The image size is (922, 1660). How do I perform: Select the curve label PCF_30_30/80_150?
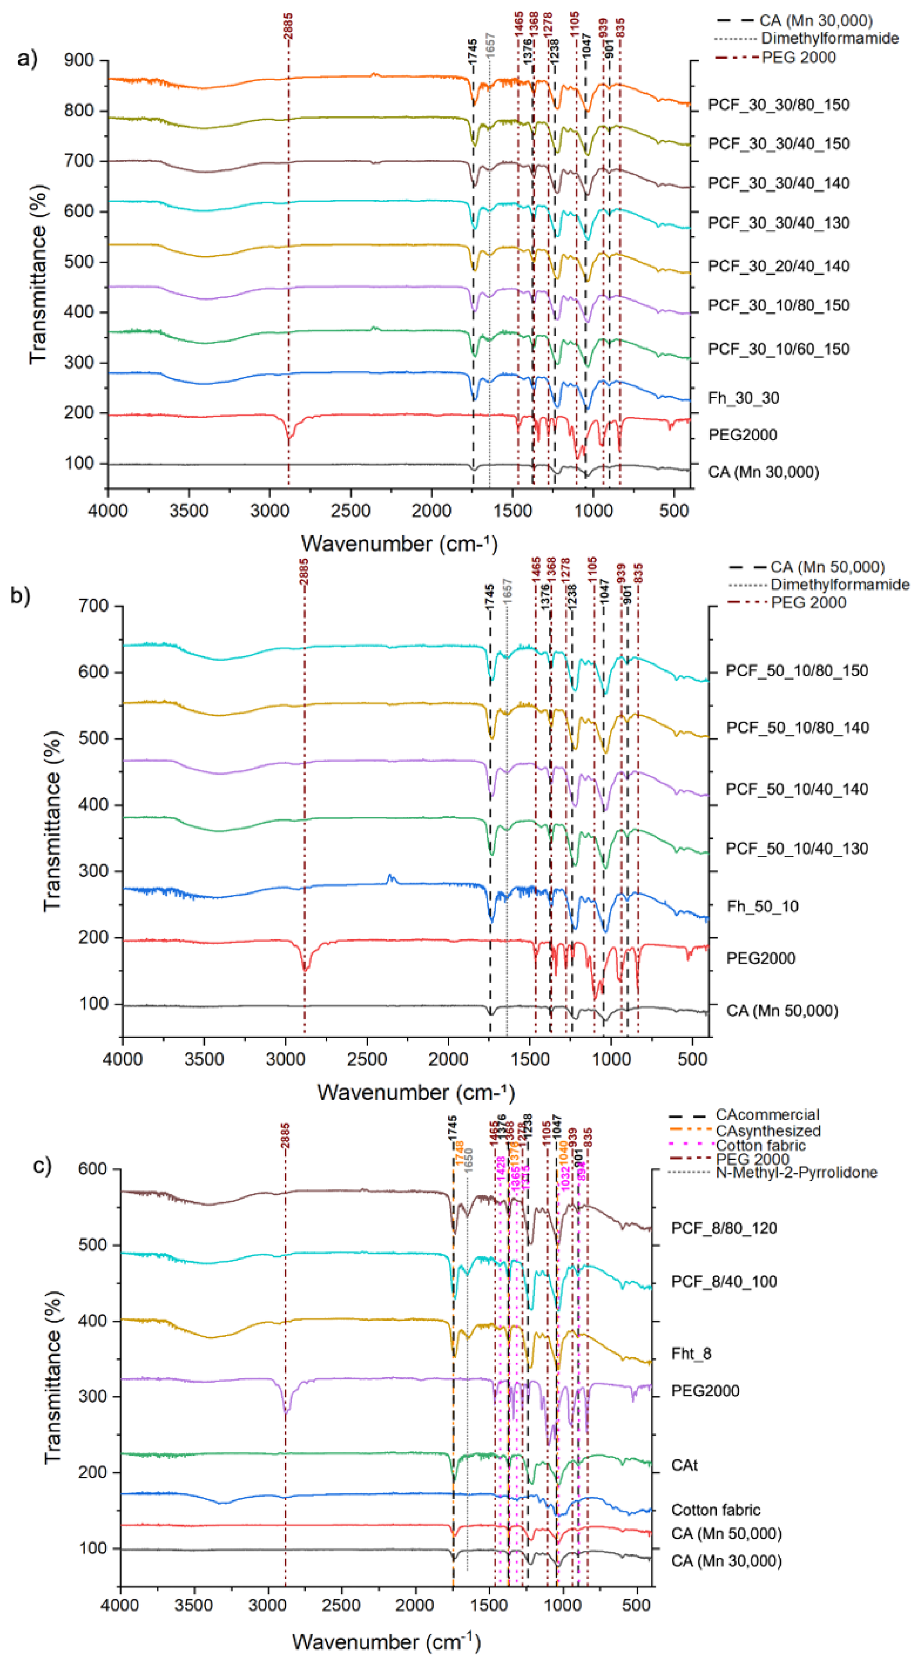coord(778,104)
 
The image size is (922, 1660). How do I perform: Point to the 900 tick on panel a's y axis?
coord(79,60)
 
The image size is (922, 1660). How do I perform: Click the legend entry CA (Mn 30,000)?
coord(815,21)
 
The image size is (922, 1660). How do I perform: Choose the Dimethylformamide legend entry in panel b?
coord(840,584)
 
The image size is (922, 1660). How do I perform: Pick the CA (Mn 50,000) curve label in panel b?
coord(781,1010)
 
